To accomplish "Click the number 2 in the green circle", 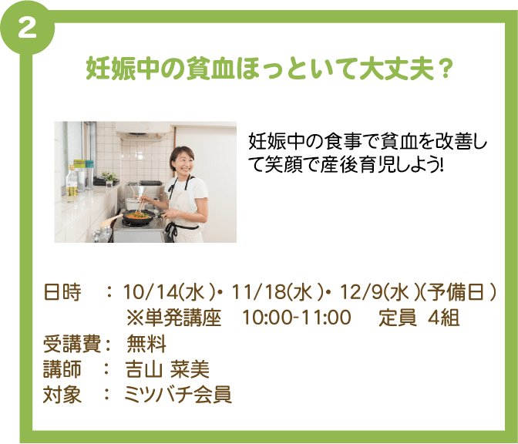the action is click(x=27, y=29).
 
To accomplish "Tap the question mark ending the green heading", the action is click(x=446, y=68).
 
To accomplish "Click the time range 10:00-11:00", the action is click(x=296, y=318).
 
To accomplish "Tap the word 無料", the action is click(x=146, y=344).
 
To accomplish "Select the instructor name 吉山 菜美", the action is click(x=167, y=369).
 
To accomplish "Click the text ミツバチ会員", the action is click(x=178, y=395).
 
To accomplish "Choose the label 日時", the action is click(x=62, y=292).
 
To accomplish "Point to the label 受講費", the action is click(x=72, y=344).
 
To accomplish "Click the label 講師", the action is click(x=62, y=369).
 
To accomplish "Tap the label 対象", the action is click(x=62, y=395).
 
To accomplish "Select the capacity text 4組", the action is click(x=443, y=318).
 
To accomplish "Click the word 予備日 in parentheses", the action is click(x=456, y=292).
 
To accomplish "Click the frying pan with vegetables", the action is click(x=138, y=217).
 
